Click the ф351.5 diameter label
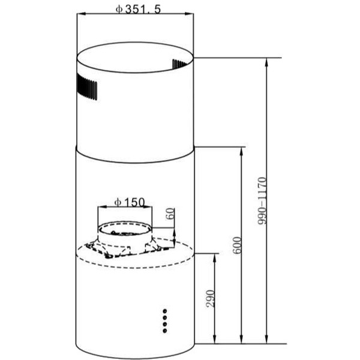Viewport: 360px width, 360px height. pyautogui.click(x=138, y=9)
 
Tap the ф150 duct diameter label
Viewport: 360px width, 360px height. pyautogui.click(x=130, y=202)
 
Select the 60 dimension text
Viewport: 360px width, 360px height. pyautogui.click(x=170, y=214)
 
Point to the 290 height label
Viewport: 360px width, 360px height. pyautogui.click(x=211, y=298)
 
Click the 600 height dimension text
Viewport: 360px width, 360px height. pyautogui.click(x=237, y=245)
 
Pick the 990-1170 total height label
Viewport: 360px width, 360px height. pyautogui.click(x=262, y=201)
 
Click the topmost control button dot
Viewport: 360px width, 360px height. pyautogui.click(x=164, y=311)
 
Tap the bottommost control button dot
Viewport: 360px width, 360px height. pyautogui.click(x=164, y=331)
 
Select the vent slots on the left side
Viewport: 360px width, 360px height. pyautogui.click(x=87, y=87)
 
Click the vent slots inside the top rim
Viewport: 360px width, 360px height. pyautogui.click(x=181, y=64)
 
